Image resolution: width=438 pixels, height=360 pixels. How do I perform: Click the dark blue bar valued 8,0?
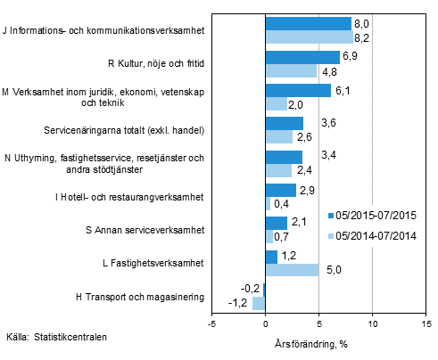(x=308, y=23)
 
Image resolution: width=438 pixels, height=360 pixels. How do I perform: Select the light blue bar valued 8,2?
(x=309, y=37)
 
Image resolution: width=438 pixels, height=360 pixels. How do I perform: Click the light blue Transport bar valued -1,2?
(x=259, y=304)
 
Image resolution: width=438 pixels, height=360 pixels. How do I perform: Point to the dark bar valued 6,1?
(x=298, y=90)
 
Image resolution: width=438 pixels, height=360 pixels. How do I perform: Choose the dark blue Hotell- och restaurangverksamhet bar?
(x=280, y=190)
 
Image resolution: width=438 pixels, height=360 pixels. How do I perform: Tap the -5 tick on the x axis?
(x=211, y=323)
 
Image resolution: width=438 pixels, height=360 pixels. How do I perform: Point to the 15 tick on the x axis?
(x=426, y=323)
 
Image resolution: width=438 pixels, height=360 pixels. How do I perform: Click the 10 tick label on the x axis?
(x=372, y=323)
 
